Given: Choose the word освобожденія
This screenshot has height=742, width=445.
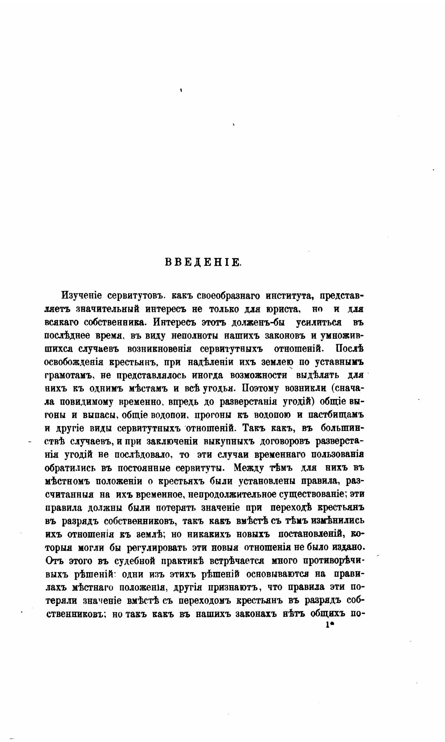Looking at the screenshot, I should (x=74, y=362).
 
